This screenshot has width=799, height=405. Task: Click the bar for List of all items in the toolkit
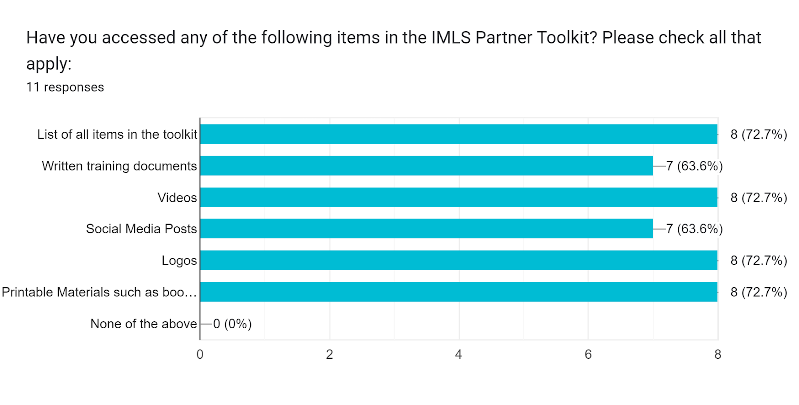point(458,134)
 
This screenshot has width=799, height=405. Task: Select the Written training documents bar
point(426,166)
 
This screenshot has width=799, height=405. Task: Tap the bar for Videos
point(458,197)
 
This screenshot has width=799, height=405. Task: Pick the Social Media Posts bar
point(426,228)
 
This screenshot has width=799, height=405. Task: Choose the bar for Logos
point(458,260)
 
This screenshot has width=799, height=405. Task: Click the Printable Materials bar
point(458,292)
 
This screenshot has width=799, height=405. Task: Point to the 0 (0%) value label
point(232,324)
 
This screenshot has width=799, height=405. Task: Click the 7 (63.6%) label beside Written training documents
point(694,166)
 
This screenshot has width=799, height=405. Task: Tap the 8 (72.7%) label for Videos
point(758,198)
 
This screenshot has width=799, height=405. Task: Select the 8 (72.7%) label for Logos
point(758,260)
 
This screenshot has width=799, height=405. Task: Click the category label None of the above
point(143,324)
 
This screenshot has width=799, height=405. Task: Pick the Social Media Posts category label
point(141,229)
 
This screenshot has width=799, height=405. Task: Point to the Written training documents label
point(119,166)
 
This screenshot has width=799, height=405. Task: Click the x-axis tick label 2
point(329,354)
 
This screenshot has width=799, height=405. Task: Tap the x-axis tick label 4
point(458,354)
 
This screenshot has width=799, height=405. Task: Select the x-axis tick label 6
point(588,354)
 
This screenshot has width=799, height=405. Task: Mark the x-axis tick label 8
point(718,354)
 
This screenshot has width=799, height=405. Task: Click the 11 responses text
point(65,87)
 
